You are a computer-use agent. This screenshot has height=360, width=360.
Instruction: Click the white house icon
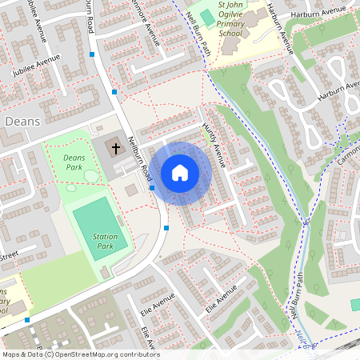click(x=180, y=172)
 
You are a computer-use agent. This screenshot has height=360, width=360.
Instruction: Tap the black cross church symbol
click(x=115, y=148)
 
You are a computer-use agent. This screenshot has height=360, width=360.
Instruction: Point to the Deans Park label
click(x=73, y=163)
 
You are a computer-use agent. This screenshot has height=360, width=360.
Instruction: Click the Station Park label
click(x=105, y=242)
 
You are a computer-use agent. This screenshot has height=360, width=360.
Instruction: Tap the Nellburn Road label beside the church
click(x=140, y=156)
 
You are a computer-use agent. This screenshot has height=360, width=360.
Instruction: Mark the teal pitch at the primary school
click(x=208, y=18)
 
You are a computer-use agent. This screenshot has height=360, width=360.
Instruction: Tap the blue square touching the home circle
click(x=152, y=187)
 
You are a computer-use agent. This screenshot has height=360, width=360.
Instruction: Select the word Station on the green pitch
click(x=105, y=237)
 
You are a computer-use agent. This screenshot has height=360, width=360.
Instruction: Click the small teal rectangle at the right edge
click(x=355, y=305)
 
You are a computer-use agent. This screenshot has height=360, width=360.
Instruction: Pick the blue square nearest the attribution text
click(x=27, y=320)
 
